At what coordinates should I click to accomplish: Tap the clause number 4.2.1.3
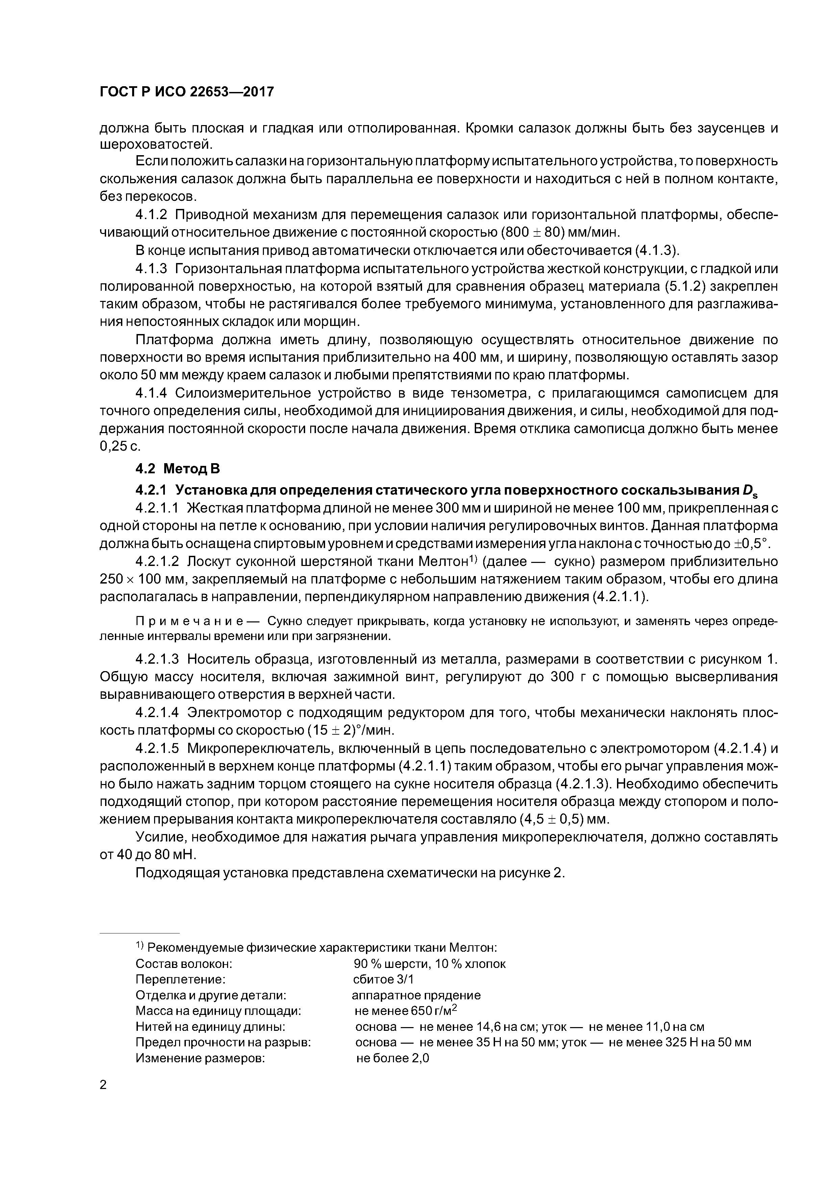[157, 659]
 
